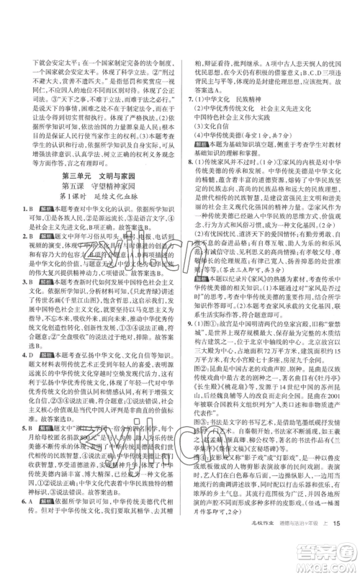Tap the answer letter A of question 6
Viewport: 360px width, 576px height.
(32, 498)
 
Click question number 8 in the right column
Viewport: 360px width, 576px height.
(188, 183)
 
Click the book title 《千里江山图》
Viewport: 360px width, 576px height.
(87, 303)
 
